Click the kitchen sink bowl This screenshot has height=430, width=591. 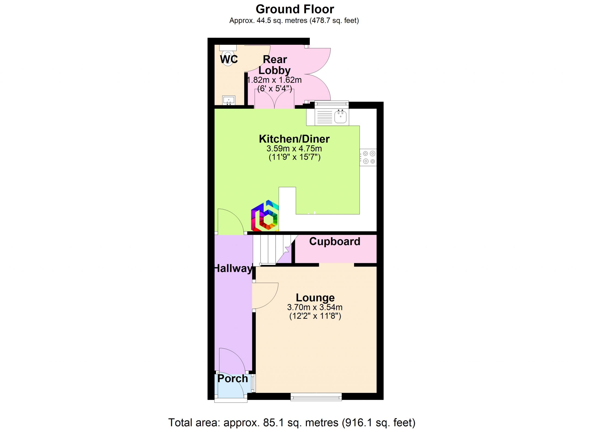[341, 116]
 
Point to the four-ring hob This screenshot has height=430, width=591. [368, 157]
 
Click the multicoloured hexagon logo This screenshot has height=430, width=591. [265, 216]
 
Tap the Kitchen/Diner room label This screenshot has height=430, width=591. [294, 139]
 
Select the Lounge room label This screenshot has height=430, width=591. [315, 298]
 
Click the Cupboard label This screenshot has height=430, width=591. [335, 241]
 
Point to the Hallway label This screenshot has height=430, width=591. [233, 268]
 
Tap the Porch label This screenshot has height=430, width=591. [233, 379]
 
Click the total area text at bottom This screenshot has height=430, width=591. [292, 422]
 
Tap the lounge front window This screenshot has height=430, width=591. [316, 397]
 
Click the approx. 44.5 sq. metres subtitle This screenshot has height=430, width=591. [294, 21]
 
